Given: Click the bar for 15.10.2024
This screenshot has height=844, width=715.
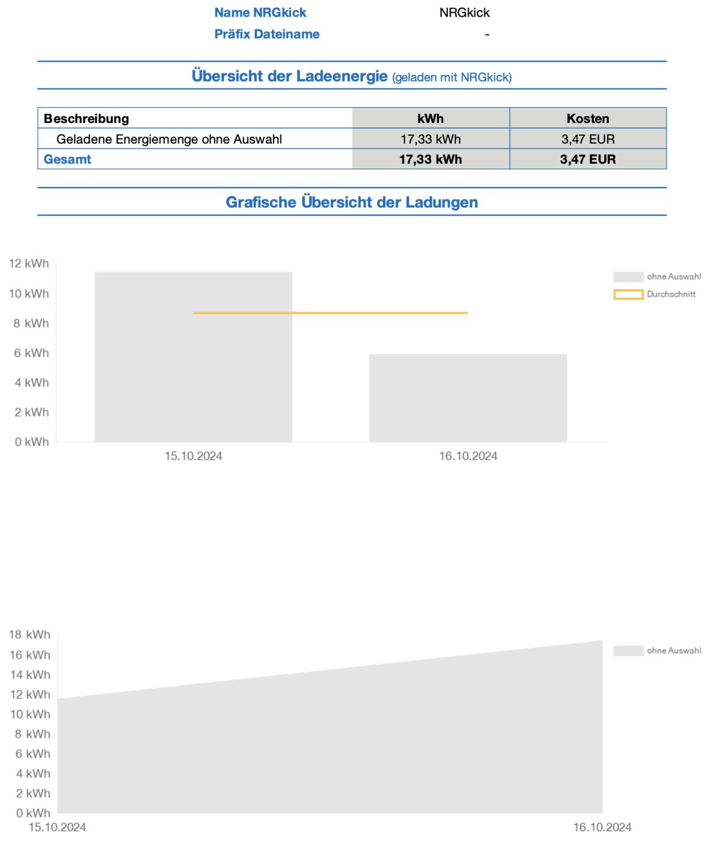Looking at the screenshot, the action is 193,357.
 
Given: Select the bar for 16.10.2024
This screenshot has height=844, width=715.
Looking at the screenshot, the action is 468,398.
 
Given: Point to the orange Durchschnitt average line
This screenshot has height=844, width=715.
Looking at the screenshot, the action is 331,313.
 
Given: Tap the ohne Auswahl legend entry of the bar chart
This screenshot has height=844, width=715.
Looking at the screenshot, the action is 657,277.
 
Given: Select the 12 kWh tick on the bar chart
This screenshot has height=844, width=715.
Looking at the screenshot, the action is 28,263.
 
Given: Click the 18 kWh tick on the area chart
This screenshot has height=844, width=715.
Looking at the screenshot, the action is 30,634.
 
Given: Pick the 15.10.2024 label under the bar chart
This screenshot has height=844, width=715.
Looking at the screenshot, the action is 193,456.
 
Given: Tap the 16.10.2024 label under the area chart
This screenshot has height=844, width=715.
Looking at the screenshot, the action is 602,827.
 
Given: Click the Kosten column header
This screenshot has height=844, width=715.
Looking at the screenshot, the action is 588,118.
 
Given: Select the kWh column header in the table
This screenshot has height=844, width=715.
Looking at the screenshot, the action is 430,118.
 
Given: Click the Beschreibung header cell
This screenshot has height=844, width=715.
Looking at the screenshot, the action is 86,118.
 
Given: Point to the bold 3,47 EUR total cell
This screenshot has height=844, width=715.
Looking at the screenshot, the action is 588,159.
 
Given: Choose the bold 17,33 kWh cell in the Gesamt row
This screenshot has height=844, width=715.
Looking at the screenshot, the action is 431,159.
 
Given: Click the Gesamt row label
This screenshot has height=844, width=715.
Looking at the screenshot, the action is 68,159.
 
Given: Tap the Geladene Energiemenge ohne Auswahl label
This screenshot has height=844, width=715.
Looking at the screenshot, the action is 169,139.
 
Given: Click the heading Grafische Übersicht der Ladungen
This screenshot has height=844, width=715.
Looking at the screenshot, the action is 352,202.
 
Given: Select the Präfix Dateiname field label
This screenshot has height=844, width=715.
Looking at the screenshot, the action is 267,34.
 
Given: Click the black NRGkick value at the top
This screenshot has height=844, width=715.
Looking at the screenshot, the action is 464,13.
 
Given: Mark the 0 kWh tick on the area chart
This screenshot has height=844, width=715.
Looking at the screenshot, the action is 33,813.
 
